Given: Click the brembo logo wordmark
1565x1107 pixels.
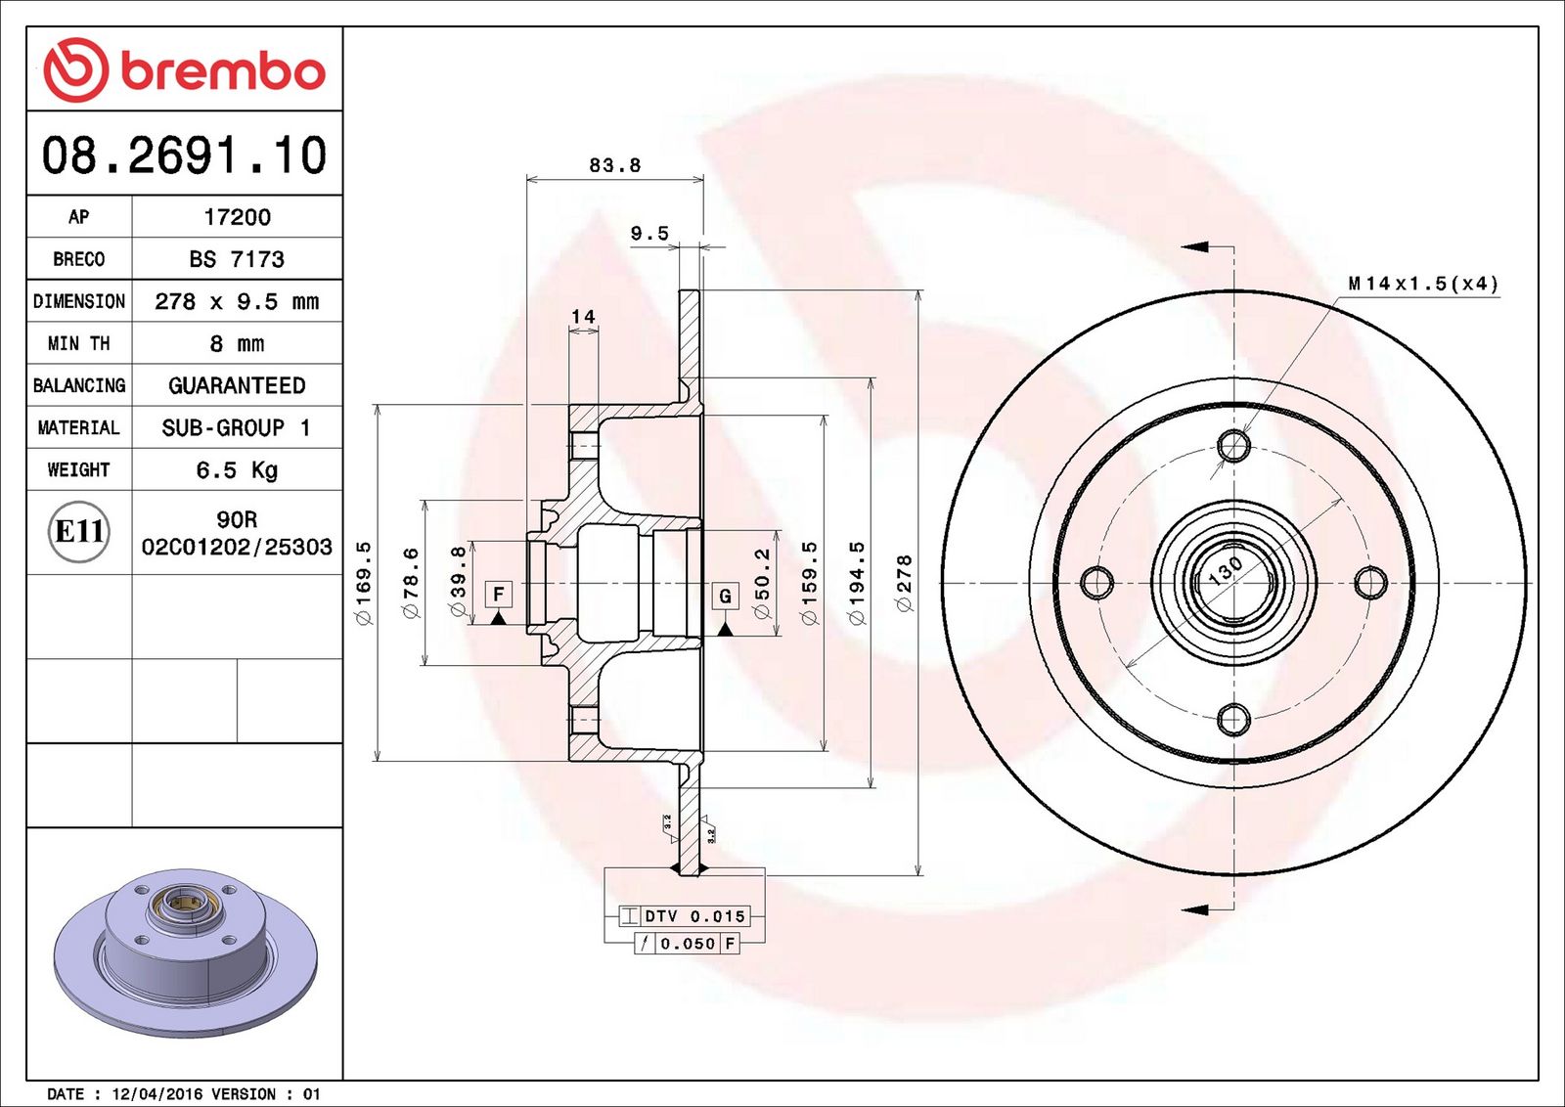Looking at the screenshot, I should click(x=223, y=71).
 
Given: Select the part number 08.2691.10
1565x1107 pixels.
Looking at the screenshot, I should click(x=184, y=155).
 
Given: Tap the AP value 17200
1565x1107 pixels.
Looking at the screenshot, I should click(x=237, y=217).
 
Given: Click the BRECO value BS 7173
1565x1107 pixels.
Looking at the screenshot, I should click(x=237, y=259).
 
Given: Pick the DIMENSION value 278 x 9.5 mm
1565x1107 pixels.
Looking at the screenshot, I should click(x=237, y=301).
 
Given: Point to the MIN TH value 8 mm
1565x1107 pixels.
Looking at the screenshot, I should click(x=237, y=343).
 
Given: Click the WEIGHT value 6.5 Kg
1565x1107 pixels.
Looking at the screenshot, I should click(x=237, y=470).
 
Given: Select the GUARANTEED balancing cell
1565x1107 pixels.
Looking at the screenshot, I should click(x=237, y=385).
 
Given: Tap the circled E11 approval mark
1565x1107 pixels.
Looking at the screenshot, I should click(x=79, y=532).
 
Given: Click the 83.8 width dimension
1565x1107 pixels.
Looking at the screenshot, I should click(x=614, y=165).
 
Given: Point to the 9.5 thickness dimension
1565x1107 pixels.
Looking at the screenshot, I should click(x=649, y=233).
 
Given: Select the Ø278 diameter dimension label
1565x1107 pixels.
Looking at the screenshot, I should click(x=904, y=583).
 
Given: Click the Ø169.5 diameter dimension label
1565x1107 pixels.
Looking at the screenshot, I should click(x=363, y=583).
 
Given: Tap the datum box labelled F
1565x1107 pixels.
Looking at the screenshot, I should click(x=499, y=594).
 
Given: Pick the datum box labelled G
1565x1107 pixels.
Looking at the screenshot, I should click(x=725, y=596).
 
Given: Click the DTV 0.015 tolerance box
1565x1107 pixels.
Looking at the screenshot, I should click(x=694, y=916).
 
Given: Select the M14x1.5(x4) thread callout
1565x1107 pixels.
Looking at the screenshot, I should click(x=1423, y=284).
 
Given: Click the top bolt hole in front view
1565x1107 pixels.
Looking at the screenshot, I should click(x=1234, y=446).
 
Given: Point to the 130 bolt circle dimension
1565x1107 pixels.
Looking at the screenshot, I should click(x=1225, y=569).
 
